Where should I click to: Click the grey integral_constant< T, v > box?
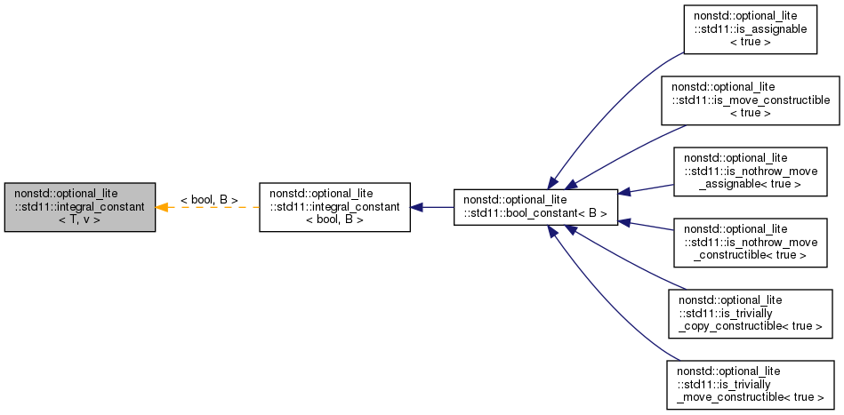click(x=80, y=207)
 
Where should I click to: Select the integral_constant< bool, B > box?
click(x=334, y=207)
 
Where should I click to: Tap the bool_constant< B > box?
click(x=535, y=207)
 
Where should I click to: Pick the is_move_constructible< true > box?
click(x=750, y=100)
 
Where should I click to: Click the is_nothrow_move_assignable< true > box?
click(x=750, y=172)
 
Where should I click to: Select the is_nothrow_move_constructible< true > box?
click(x=750, y=243)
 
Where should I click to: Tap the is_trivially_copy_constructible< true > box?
click(x=750, y=313)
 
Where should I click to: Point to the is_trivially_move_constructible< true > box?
click(x=750, y=385)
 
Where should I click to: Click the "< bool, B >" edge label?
click(x=209, y=200)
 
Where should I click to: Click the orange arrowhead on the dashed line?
click(x=163, y=207)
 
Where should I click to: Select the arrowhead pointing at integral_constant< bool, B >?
click(x=417, y=207)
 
